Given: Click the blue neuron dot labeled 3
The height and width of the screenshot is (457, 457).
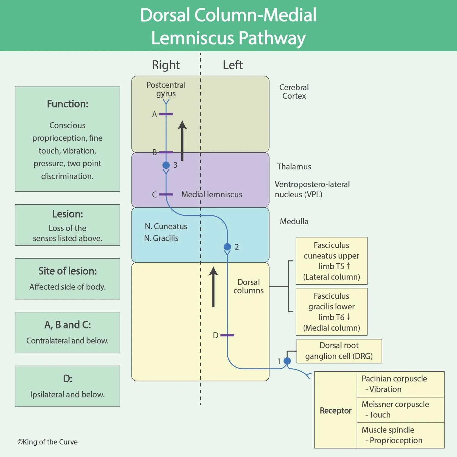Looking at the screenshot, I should click(166, 165).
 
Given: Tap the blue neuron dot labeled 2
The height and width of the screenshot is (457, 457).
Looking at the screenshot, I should click(227, 247).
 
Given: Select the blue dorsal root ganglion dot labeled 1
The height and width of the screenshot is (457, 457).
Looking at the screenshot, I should click(287, 361).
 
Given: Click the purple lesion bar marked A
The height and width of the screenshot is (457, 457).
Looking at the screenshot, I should click(166, 114).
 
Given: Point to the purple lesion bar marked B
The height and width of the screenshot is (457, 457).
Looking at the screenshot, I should click(166, 152).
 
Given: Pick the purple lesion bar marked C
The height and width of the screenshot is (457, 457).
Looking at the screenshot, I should click(166, 195).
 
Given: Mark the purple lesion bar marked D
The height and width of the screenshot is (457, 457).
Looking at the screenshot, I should click(227, 335).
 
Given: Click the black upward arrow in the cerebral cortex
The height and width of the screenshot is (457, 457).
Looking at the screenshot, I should click(182, 141).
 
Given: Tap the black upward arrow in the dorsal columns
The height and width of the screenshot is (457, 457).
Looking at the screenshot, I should click(213, 287).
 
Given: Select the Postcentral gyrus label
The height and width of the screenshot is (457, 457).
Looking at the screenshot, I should click(166, 89).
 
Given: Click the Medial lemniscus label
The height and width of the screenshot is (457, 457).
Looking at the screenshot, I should click(212, 195).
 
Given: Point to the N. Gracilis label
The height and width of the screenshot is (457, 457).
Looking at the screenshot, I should click(161, 238).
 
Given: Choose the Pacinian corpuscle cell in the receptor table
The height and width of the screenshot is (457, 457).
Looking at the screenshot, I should click(400, 384).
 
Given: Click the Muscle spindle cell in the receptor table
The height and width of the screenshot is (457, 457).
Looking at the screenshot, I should click(400, 435).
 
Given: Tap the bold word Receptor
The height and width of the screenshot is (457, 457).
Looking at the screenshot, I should click(335, 411).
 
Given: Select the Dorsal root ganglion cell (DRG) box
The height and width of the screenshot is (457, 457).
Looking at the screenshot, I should click(339, 351).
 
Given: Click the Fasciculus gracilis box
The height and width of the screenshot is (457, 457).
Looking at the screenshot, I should click(331, 312).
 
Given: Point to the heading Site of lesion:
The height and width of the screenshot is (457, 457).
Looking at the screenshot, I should click(68, 271).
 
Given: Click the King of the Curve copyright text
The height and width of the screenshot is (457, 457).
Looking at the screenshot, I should click(48, 442).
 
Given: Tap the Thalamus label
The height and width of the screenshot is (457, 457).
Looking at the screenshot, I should click(294, 167).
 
